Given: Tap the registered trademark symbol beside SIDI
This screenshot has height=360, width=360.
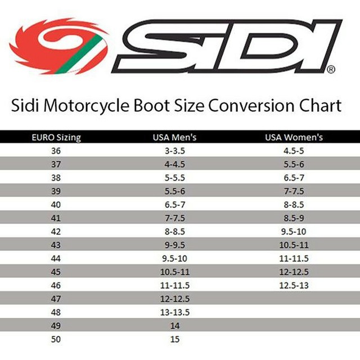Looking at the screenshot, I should (331, 70).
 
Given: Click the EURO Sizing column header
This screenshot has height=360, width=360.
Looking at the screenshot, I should (55, 137).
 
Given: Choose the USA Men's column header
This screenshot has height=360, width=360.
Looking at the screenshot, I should (174, 137).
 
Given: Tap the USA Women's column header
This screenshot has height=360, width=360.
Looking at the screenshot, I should (294, 137).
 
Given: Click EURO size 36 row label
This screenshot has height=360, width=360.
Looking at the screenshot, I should (55, 151).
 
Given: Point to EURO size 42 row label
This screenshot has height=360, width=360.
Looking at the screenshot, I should (55, 231).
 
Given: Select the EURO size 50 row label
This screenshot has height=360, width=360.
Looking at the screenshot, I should (55, 339).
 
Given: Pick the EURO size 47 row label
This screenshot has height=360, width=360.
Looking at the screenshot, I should (55, 299).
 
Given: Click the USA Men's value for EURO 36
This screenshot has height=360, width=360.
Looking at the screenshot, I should (174, 151).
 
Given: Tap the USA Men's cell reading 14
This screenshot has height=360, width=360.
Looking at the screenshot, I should (174, 326).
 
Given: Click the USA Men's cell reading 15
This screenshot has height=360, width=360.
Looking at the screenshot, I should (174, 339).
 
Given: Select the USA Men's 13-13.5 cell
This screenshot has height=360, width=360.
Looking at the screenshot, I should (174, 312).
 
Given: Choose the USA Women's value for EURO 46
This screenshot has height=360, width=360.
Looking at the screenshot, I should (294, 285).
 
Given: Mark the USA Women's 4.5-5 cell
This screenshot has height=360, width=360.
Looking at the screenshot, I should (294, 151).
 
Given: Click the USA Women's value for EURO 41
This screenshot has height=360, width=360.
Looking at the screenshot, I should (294, 218).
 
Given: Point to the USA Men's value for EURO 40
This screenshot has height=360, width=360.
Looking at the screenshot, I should (174, 204).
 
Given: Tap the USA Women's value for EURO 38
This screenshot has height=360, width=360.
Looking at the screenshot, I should (294, 177).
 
